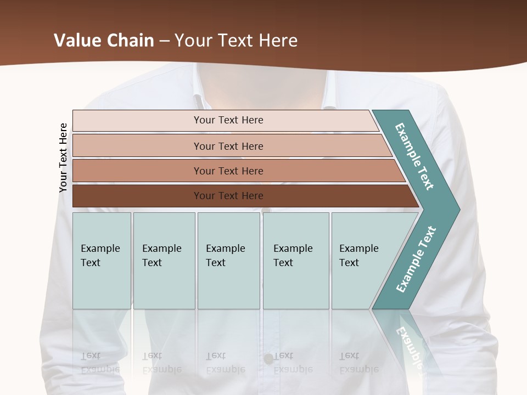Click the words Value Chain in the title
pyautogui.click(x=104, y=41)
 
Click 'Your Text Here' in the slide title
pyautogui.click(x=236, y=41)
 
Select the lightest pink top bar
pyautogui.click(x=137, y=121)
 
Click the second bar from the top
pyautogui.click(x=137, y=146)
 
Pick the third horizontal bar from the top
pyautogui.click(x=137, y=171)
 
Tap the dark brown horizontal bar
pyautogui.click(x=137, y=196)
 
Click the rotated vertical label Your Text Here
pyautogui.click(x=63, y=158)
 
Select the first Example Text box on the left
pyautogui.click(x=102, y=261)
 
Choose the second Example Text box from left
pyautogui.click(x=164, y=261)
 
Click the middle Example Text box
pyautogui.click(x=228, y=261)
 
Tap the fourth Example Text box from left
pyautogui.click(x=296, y=261)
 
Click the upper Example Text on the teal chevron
pyautogui.click(x=414, y=157)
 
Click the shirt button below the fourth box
pyautogui.click(x=268, y=359)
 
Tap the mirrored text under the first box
pyautogui.click(x=100, y=363)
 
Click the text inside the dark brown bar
pyautogui.click(x=228, y=196)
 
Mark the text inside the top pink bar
pyautogui.click(x=228, y=120)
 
